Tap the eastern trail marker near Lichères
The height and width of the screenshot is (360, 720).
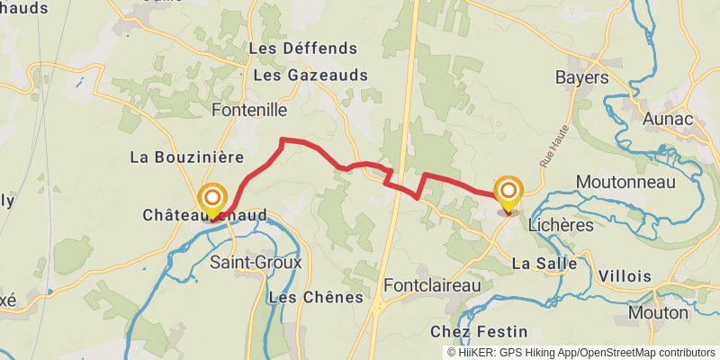click(x=508, y=192)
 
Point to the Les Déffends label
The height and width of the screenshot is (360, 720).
click(x=303, y=48)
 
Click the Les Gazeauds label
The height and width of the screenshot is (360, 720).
click(x=310, y=76)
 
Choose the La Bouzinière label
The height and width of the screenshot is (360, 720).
click(x=187, y=157)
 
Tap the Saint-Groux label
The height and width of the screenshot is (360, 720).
click(x=256, y=263)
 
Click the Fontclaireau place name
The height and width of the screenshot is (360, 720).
click(x=432, y=285)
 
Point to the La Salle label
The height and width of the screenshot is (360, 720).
click(x=542, y=264)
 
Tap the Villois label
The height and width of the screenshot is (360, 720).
click(x=624, y=275)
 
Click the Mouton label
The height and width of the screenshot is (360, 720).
click(x=658, y=313)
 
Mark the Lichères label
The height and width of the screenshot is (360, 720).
click(x=561, y=225)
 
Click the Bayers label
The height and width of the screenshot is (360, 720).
click(x=582, y=77)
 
